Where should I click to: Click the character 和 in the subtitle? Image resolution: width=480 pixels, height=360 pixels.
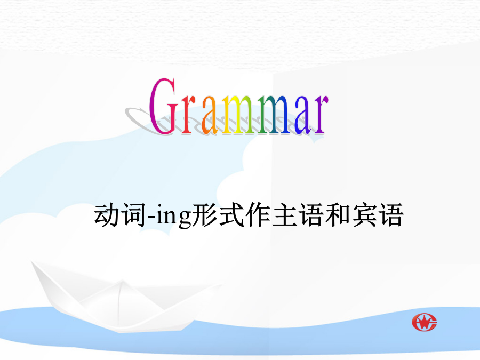pos(338,215)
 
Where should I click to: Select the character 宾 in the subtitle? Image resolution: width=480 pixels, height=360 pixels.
pos(364,215)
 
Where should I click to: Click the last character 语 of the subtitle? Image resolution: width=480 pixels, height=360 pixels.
pos(390,215)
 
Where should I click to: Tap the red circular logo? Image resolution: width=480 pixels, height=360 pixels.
pos(425,322)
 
